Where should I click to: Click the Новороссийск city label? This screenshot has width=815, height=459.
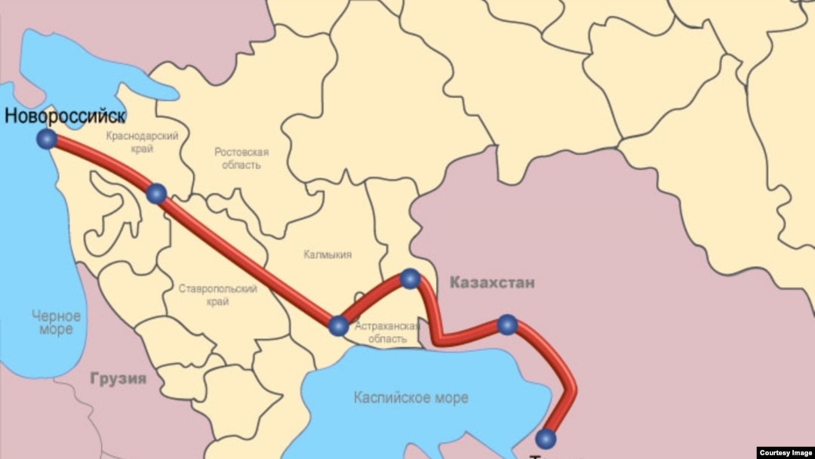point(64,116)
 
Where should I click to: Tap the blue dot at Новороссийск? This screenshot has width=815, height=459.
point(47,139)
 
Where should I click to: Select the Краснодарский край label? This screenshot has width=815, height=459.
point(142,142)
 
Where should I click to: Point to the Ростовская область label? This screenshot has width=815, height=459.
point(241,158)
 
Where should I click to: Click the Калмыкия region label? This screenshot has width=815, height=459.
point(328,254)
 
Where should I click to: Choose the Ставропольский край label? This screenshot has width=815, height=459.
point(218,294)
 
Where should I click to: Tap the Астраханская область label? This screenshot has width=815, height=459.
point(386,332)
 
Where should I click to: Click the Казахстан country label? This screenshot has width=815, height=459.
point(492,283)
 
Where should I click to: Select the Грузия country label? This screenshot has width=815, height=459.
point(118,378)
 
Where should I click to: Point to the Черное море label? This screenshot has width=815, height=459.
point(57,322)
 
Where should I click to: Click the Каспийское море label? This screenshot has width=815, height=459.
point(411,397)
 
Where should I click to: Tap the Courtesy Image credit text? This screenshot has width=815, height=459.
point(785,452)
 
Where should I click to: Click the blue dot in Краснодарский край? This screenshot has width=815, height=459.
point(156,194)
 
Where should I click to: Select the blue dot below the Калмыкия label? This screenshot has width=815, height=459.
point(339,325)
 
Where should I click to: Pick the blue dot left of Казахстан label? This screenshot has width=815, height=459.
point(410,279)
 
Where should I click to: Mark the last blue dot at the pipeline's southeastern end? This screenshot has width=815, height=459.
point(546,439)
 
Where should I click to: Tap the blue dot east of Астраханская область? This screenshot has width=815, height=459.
point(508,325)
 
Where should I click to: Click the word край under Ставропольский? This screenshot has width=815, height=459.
point(218,301)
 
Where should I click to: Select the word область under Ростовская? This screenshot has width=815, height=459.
point(241,165)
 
